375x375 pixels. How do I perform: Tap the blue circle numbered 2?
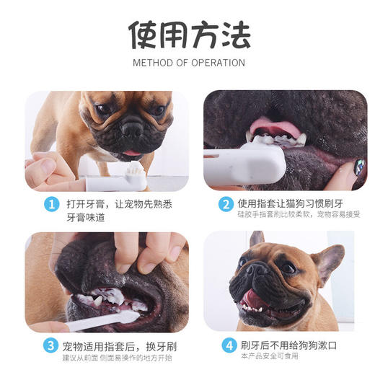[x=225, y=204]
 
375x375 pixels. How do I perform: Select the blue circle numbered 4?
[x=225, y=345]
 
